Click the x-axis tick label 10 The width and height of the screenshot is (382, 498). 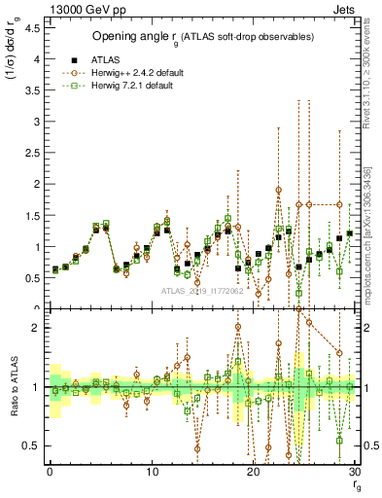(152, 472)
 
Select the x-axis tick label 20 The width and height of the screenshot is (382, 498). (254, 472)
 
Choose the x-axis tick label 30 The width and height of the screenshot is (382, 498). (355, 472)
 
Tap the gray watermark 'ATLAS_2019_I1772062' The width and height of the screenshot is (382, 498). (202, 291)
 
